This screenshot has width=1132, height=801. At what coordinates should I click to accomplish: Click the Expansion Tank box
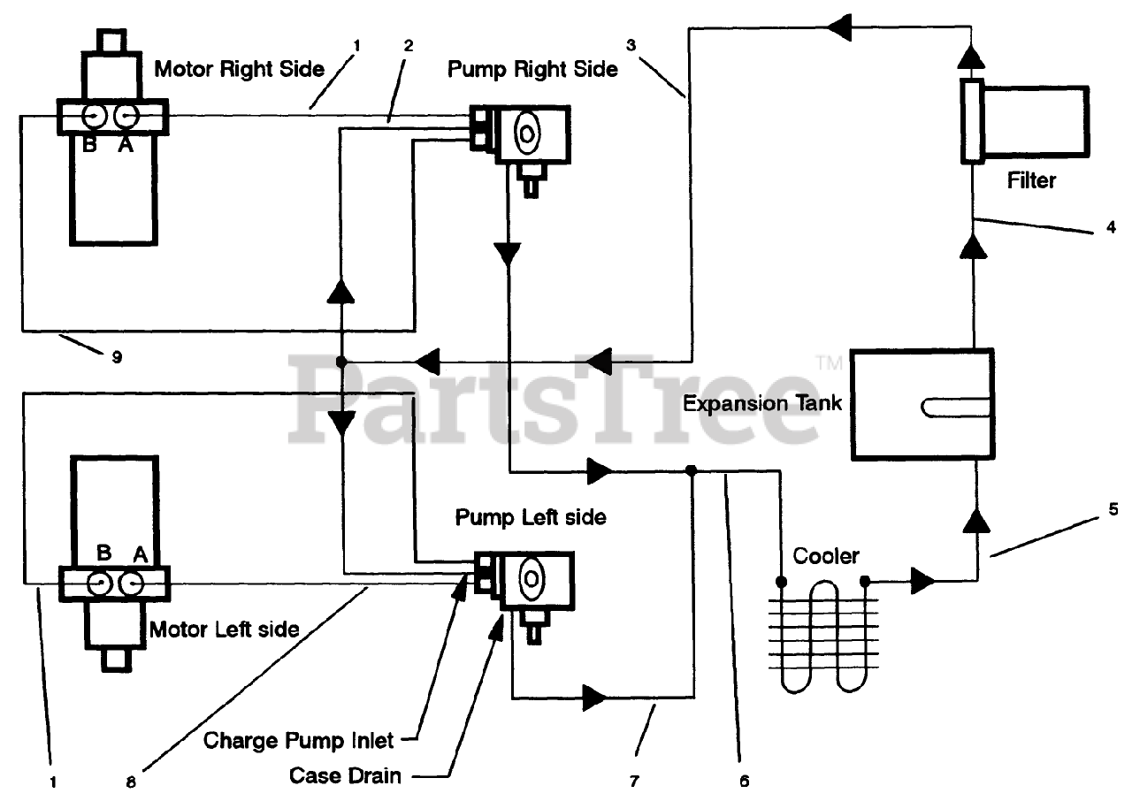pos(922,405)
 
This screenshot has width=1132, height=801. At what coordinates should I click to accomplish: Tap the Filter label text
pos(1031,181)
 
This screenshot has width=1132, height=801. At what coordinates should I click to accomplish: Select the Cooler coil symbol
pos(823,636)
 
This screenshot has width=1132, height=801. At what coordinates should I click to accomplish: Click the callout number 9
pos(117,357)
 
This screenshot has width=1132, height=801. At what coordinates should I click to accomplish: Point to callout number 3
pos(631,45)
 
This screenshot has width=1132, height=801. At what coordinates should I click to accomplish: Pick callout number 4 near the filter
pos(1112,227)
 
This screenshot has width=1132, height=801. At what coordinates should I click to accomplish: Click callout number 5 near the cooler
pos(1113,509)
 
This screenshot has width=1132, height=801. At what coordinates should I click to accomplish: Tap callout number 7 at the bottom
pos(634,782)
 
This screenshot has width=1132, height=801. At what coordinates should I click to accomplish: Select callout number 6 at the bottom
pos(745,782)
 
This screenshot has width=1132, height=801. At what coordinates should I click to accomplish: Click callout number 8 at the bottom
pos(131,782)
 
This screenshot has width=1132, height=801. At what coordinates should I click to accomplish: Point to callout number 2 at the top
pos(409,46)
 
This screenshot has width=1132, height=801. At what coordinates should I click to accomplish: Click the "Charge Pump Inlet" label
pos(298,741)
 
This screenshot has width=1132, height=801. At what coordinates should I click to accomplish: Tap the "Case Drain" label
pos(345,775)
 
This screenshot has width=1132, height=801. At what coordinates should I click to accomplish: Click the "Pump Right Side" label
pos(532,69)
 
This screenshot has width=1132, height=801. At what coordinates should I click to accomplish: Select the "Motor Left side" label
pos(225,629)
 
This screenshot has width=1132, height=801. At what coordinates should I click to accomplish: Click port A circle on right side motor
pos(126,117)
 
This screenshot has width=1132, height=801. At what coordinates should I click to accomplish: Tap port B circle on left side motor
pos(99,584)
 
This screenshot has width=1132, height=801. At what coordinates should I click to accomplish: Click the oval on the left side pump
pos(531,579)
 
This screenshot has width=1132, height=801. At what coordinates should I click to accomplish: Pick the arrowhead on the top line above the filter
pos(839,27)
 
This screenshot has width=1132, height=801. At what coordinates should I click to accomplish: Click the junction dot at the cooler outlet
pos(865,582)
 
